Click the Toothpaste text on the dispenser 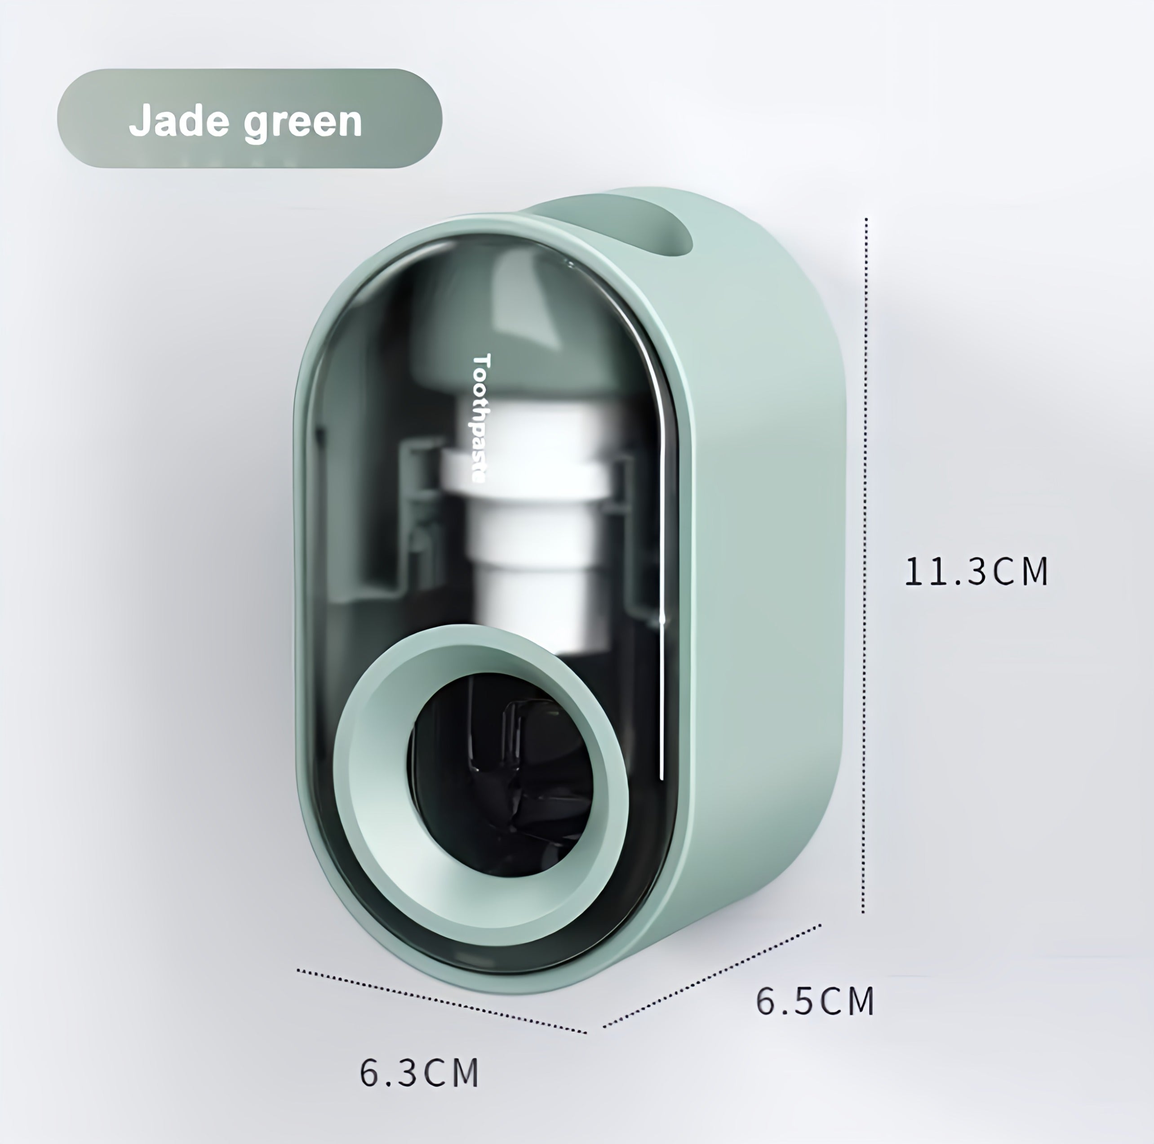pyautogui.click(x=481, y=418)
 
